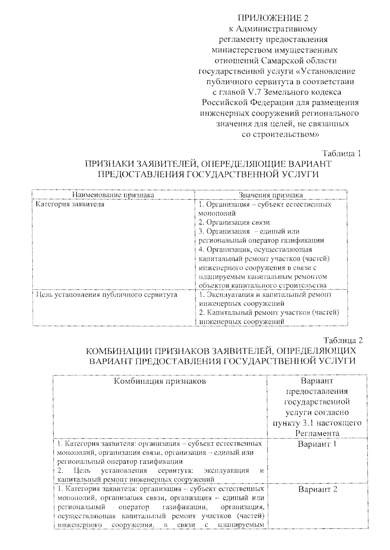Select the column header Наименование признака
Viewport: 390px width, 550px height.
pos(113,195)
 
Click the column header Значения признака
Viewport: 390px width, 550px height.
pos(271,195)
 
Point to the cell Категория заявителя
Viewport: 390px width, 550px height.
pos(70,204)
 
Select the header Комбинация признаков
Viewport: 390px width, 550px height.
pos(160,381)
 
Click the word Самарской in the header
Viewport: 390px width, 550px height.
pos(282,60)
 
